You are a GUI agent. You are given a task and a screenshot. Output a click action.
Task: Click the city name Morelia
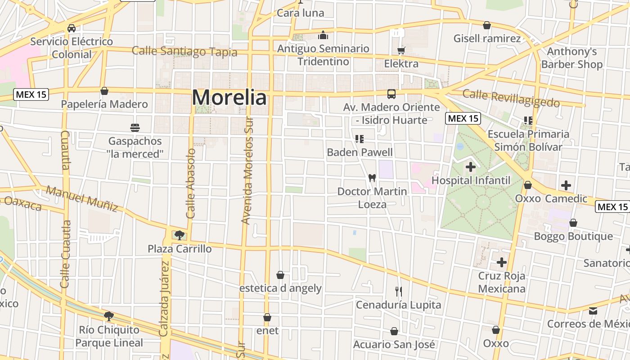click(229, 97)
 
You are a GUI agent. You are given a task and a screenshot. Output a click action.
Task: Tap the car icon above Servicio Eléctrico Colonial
click(72, 28)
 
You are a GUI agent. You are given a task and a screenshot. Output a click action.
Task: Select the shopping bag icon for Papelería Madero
click(104, 91)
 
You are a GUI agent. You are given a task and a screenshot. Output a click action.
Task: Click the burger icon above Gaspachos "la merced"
click(135, 127)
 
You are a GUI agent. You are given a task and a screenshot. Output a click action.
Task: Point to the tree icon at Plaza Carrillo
click(180, 235)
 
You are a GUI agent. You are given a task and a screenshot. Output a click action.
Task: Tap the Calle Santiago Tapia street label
click(184, 51)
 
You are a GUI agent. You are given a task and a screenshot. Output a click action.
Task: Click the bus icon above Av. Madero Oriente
click(391, 94)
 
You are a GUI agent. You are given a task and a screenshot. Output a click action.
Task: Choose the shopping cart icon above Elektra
click(401, 50)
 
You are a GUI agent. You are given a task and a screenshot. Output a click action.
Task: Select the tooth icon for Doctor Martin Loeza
click(372, 178)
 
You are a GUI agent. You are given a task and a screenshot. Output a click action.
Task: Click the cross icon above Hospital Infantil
click(471, 167)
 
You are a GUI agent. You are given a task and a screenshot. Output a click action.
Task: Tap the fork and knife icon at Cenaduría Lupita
click(398, 292)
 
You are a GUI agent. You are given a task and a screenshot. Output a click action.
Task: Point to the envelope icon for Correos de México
click(593, 311)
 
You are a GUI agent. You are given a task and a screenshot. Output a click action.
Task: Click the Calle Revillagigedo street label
click(511, 98)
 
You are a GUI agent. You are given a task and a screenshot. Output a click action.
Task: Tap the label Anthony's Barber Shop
click(572, 58)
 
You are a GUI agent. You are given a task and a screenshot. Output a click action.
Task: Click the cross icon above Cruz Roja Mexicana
click(502, 262)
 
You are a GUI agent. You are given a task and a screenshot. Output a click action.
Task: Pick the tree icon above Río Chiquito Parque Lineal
click(108, 316)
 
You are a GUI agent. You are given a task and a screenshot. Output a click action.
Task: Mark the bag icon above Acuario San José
click(394, 332)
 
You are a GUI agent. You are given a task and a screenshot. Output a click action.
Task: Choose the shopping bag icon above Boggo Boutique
click(573, 223)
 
